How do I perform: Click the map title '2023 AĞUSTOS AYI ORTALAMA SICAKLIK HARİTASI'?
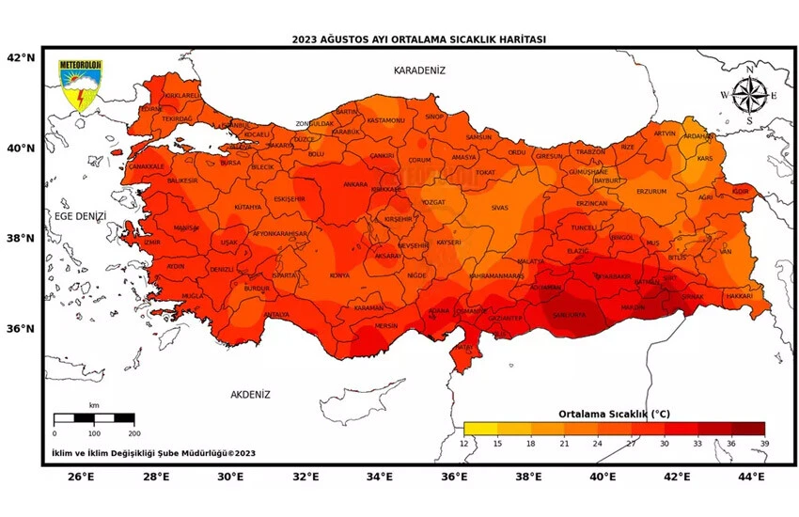pos(418,39)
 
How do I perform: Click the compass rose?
pos(748,95)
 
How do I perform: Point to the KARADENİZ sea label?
pos(419,70)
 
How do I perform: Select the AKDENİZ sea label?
pos(250,395)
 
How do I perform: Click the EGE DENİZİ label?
pos(80,216)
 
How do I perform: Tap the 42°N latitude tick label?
pos(22,57)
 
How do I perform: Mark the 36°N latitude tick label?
pos(22,329)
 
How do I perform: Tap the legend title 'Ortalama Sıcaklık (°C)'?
pos(614,414)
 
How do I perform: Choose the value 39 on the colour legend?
pos(764,443)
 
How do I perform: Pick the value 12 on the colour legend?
pos(464,443)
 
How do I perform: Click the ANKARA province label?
pos(354,184)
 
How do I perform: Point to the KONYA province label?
pos(339,275)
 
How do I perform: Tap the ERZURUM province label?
pos(651,191)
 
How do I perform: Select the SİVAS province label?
pos(499,207)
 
